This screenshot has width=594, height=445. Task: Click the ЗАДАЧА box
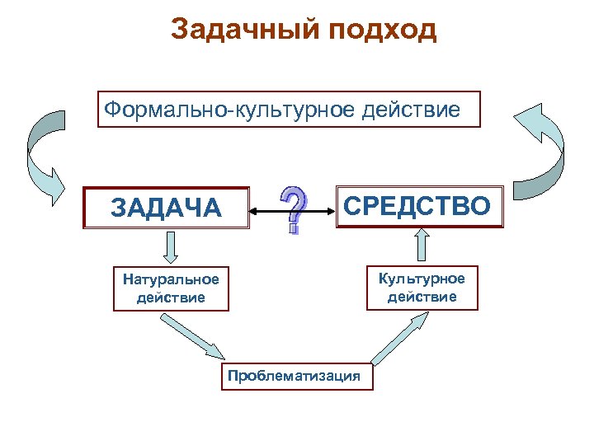click(167, 208)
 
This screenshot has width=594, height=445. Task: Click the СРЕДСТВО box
click(419, 206)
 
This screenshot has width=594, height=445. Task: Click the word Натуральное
click(171, 279)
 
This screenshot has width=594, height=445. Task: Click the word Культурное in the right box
click(422, 279)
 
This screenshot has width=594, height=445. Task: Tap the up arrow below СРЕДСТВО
click(422, 245)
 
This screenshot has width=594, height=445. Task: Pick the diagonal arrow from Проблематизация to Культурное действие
click(401, 338)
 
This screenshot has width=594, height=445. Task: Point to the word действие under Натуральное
click(171, 297)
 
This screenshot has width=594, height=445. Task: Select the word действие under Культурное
click(422, 296)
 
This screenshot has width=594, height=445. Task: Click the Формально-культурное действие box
click(289, 110)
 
